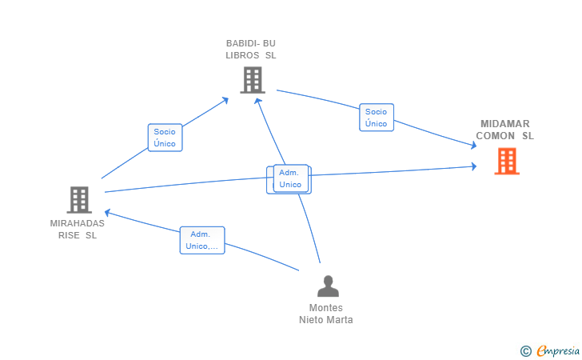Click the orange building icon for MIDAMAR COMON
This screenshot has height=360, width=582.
click(507, 162)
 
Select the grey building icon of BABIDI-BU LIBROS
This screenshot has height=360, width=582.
click(253, 80)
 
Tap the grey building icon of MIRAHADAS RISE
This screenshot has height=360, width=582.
click(79, 200)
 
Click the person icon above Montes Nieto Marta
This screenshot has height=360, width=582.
click(328, 286)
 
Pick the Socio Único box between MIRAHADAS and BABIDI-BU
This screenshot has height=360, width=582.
click(165, 138)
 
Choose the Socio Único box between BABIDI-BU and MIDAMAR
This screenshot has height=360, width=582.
click(377, 118)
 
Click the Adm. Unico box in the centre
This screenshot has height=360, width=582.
click(291, 178)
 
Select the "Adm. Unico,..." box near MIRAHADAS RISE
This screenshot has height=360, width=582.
click(202, 240)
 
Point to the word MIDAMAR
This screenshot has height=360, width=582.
click(504, 124)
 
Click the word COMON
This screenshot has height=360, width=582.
click(495, 136)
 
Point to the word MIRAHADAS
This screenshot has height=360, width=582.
click(78, 223)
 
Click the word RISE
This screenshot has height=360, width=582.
click(69, 235)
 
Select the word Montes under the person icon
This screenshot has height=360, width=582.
click(326, 308)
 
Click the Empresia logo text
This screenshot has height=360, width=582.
click(558, 350)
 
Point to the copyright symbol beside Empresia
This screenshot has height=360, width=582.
click(525, 351)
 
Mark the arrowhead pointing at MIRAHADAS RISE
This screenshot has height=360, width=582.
click(107, 213)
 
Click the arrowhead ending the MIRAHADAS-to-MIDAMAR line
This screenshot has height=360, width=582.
click(474, 166)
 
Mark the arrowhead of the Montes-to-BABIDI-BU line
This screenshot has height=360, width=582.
click(257, 101)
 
